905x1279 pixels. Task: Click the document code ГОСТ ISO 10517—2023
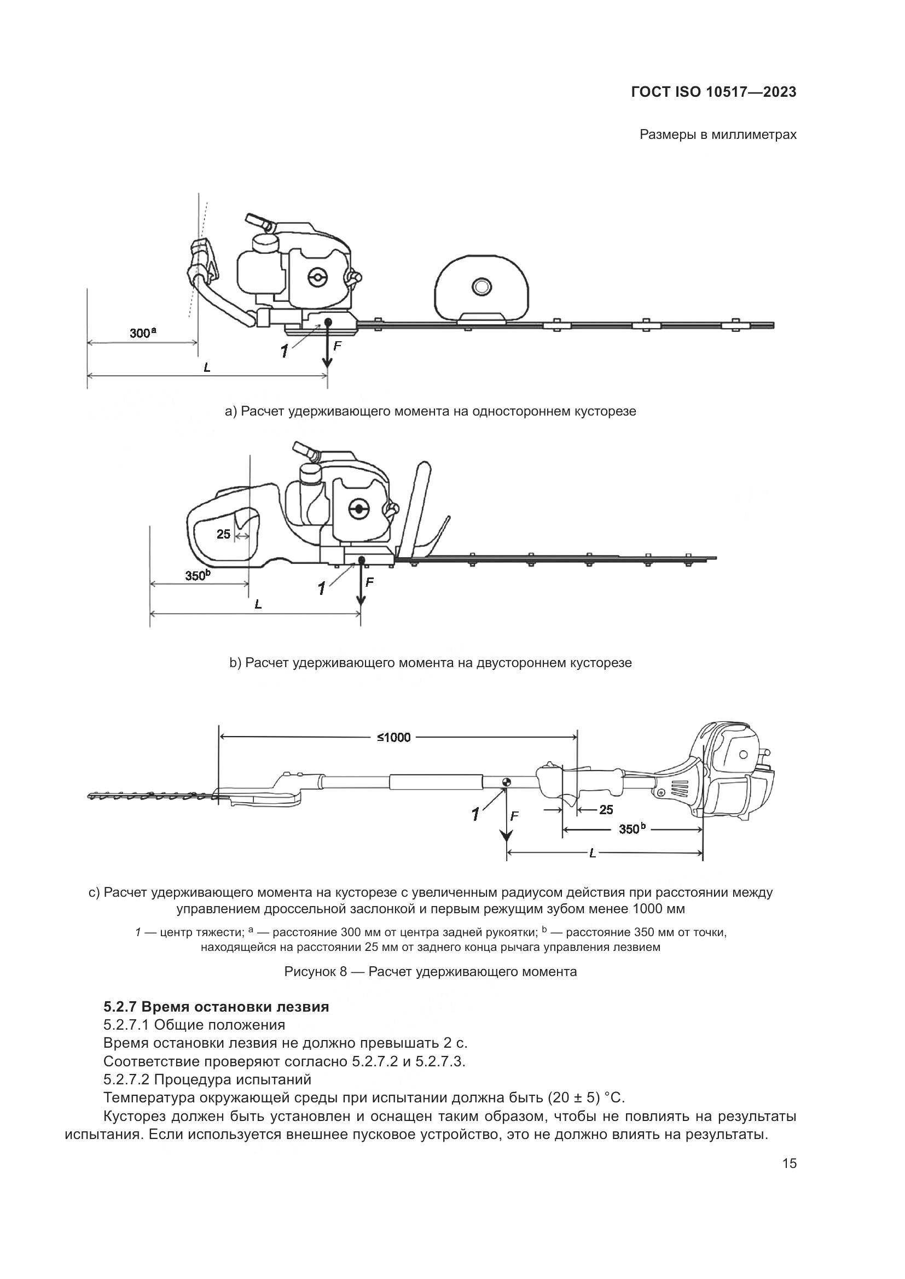(713, 92)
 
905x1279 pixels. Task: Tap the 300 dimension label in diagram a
(140, 333)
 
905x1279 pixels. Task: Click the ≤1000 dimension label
(393, 738)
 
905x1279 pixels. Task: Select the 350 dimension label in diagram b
(195, 575)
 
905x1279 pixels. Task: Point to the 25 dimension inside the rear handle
(223, 534)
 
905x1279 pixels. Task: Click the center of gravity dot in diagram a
(328, 322)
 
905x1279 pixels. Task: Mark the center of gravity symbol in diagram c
(506, 781)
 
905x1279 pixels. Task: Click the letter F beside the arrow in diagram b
(369, 583)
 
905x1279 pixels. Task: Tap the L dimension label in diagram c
(593, 853)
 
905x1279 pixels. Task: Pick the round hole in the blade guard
(480, 288)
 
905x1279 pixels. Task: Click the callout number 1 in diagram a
(285, 352)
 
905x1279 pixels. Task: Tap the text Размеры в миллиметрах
(718, 135)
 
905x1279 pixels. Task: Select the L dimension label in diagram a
(207, 367)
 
